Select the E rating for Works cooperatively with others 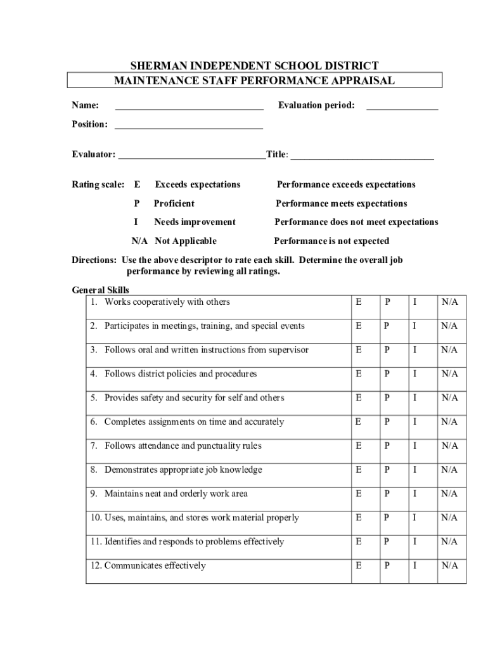[359, 302]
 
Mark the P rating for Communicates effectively [387, 566]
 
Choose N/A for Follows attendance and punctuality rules [449, 446]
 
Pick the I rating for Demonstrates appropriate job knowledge [414, 470]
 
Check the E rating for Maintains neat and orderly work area [359, 494]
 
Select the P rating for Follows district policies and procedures [387, 374]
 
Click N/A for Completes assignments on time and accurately [449, 422]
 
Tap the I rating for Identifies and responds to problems [414, 542]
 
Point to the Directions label [94, 260]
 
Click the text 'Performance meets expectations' [341, 203]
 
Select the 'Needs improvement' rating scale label [195, 222]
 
